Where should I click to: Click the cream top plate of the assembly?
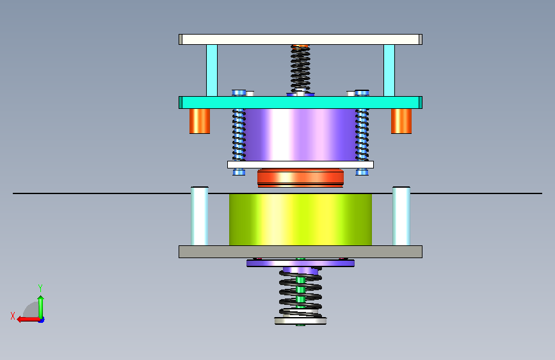[x=300, y=39]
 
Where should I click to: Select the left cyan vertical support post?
[x=212, y=70]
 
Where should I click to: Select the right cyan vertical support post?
[x=389, y=70]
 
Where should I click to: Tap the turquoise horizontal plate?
[x=300, y=102]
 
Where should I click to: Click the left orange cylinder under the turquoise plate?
[x=200, y=121]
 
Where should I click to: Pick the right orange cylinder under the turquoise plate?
[x=401, y=121]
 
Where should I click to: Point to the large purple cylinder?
[x=300, y=135]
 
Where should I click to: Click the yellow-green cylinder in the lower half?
[x=300, y=219]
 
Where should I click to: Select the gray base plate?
[x=300, y=252]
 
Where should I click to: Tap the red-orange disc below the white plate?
[x=300, y=178]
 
